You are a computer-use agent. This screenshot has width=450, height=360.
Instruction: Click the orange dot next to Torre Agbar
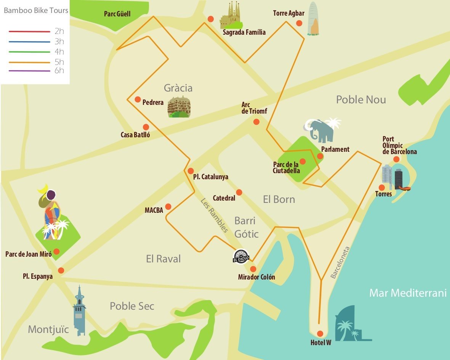[299, 23]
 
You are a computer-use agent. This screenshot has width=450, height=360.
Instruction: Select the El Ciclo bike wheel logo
[241, 256]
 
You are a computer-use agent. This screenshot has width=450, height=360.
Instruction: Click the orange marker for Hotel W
[320, 333]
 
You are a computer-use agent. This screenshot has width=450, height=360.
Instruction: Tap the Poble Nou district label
[360, 100]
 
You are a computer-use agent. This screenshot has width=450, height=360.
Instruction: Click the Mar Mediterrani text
[407, 293]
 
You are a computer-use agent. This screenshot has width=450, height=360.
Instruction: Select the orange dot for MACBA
[168, 207]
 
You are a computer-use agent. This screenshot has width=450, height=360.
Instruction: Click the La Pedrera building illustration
[179, 107]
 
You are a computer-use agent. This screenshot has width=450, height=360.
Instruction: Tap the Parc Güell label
[117, 14]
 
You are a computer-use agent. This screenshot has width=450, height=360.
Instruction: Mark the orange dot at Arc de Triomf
[256, 122]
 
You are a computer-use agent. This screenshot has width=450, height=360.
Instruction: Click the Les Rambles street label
[214, 215]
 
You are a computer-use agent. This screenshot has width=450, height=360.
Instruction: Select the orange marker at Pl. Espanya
[61, 270]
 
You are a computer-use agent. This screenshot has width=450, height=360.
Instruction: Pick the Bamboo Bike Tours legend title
[36, 10]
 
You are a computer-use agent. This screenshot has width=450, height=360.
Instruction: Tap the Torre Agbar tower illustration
[313, 19]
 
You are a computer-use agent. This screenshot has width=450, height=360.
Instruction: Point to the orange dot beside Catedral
[239, 192]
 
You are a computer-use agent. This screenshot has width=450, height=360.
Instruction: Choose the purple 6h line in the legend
[30, 71]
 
